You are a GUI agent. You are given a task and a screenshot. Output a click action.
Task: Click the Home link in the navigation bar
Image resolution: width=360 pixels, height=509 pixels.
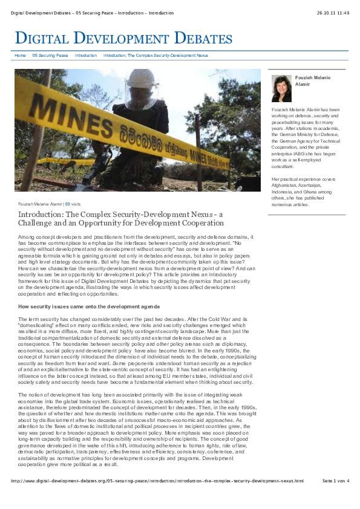coord(20,55)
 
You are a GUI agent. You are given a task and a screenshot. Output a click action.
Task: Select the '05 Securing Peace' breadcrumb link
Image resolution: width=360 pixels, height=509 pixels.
coord(50,55)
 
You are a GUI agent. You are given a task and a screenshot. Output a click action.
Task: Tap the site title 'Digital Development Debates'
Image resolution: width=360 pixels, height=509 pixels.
coord(123,39)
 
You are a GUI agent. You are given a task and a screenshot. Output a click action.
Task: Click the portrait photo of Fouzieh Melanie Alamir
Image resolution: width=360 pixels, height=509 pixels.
coord(281,88)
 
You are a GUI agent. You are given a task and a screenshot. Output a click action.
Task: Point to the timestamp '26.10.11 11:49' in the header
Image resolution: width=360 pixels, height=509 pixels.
coord(332,13)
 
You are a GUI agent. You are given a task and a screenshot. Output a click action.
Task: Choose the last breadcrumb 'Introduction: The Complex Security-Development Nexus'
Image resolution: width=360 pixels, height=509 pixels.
coord(156,55)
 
